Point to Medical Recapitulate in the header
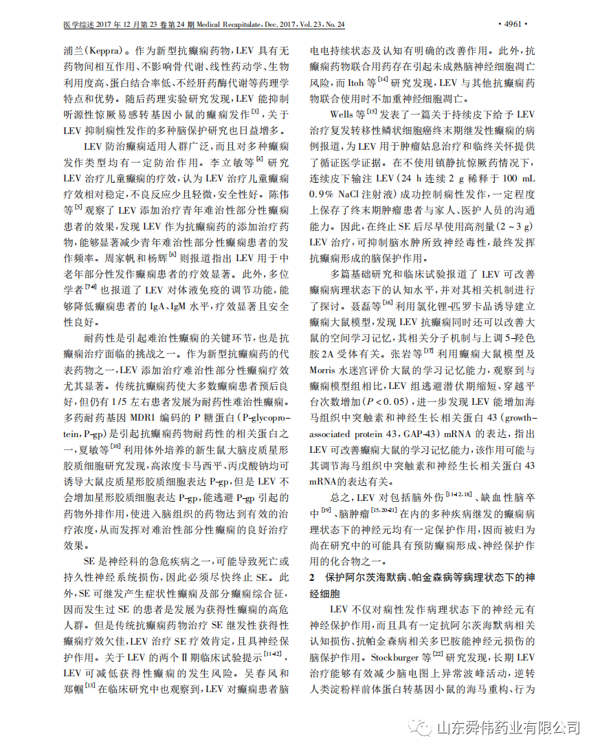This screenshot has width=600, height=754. pyautogui.click(x=238, y=25)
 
